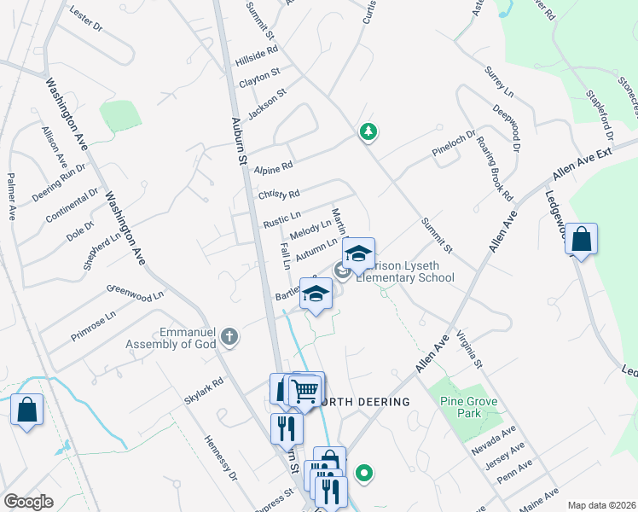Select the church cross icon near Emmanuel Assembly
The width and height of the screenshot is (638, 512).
(229, 337)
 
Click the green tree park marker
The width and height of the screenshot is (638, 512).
(368, 131)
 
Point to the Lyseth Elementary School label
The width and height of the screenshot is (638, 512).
(405, 271)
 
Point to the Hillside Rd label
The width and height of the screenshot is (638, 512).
(258, 61)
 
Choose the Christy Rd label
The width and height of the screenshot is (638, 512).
(279, 195)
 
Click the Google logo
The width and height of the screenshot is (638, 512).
(28, 502)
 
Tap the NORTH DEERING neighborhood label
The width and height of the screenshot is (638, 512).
(364, 401)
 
